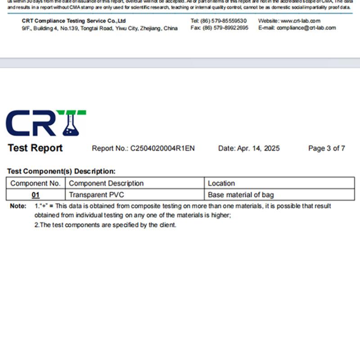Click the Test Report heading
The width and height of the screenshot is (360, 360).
pyautogui.click(x=35, y=148)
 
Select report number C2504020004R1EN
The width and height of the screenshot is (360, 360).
pyautogui.click(x=162, y=148)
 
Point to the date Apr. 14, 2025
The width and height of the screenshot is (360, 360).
pyautogui.click(x=258, y=148)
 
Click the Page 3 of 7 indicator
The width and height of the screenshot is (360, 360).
pyautogui.click(x=327, y=148)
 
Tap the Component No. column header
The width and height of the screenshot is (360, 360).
pyautogui.click(x=36, y=183)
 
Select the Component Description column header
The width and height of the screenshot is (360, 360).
pyautogui.click(x=106, y=183)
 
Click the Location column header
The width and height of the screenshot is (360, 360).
pyautogui.click(x=221, y=183)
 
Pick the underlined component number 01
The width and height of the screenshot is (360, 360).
pyautogui.click(x=36, y=195)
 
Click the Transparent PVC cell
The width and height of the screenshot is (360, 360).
pyautogui.click(x=96, y=195)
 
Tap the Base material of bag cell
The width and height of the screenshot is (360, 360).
pyautogui.click(x=241, y=195)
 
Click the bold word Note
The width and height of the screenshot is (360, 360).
pyautogui.click(x=18, y=206)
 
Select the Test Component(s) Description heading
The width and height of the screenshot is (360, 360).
pyautogui.click(x=61, y=171)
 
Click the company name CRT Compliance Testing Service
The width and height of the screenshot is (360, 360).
pyautogui.click(x=74, y=21)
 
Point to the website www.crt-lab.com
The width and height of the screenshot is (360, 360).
pyautogui.click(x=300, y=21)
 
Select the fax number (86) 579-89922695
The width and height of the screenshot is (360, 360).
pyautogui.click(x=225, y=28)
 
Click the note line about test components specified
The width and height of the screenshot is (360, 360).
pyautogui.click(x=105, y=225)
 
